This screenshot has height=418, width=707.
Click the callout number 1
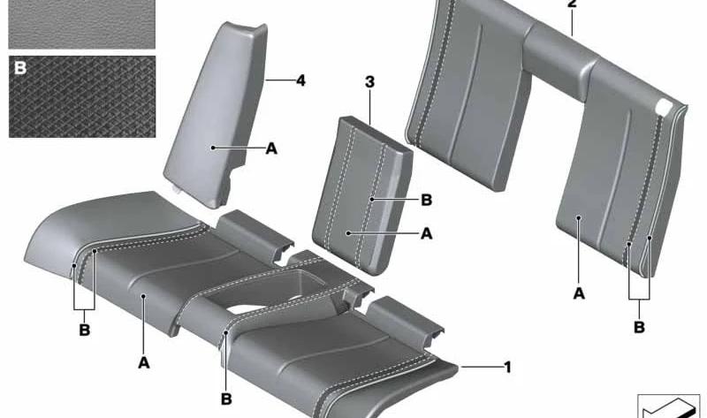507,367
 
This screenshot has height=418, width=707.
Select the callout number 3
369,82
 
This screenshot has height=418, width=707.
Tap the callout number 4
300,80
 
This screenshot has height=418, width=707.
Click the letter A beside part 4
271,148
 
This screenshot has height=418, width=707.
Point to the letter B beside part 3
426,200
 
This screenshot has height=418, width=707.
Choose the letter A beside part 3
426,233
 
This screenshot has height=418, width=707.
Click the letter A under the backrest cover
579,293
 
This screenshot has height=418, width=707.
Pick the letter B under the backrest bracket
639,327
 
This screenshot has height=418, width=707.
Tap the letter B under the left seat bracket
84,330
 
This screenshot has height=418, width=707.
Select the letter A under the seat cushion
143,362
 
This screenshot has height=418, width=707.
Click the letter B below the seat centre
226,399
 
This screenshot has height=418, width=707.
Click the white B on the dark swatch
20,68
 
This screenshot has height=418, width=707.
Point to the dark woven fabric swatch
82,96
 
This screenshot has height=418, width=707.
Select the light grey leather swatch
82,24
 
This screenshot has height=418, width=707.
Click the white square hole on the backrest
664,107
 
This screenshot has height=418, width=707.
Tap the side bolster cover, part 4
217,113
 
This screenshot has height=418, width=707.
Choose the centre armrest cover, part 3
363,196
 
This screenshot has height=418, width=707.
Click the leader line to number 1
481,367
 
